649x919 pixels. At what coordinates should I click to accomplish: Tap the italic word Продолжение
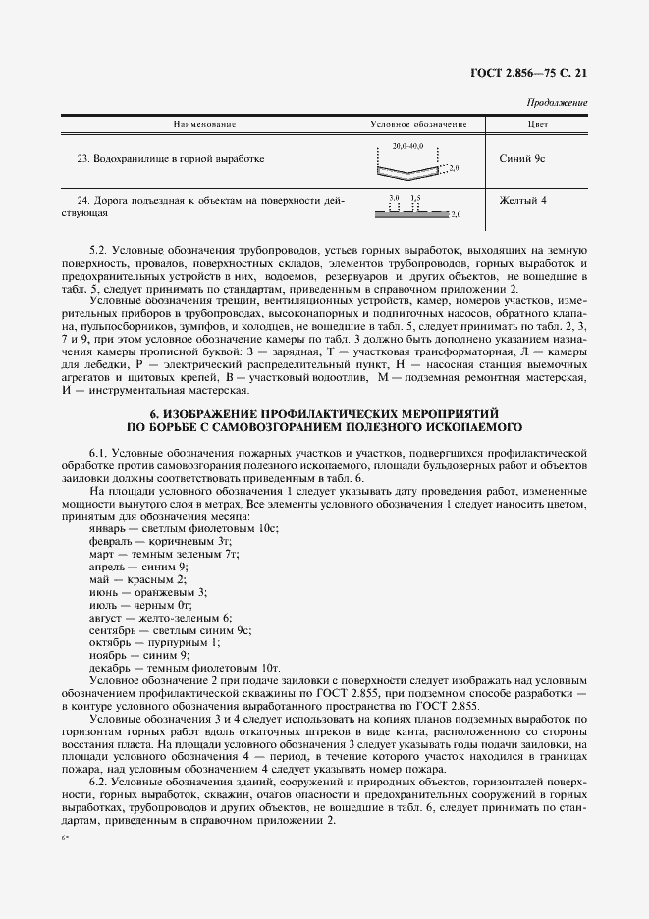(x=557, y=103)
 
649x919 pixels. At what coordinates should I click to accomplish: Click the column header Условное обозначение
(x=418, y=124)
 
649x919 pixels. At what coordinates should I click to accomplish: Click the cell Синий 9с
(x=523, y=158)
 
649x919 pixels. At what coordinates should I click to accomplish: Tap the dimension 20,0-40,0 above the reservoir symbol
(x=406, y=146)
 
